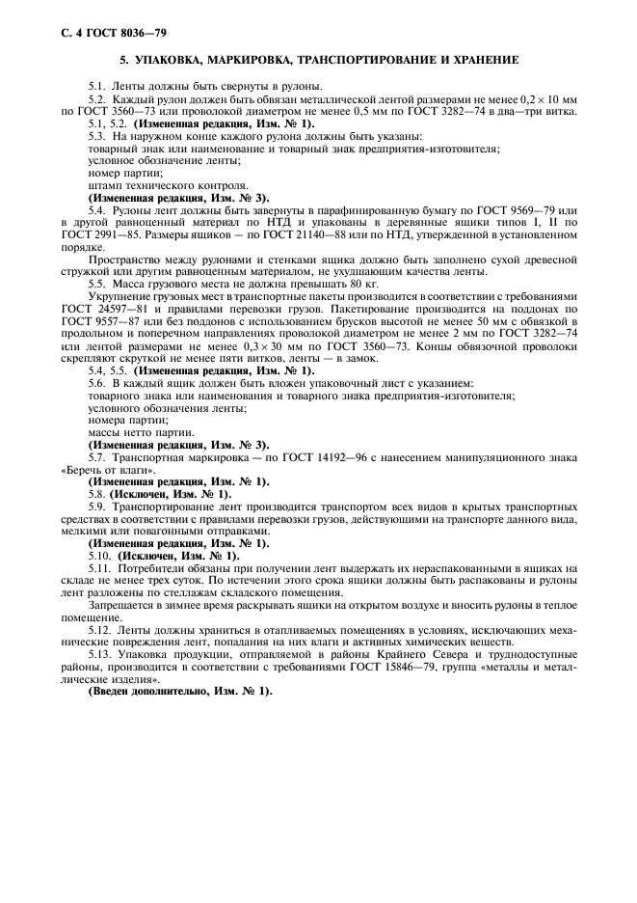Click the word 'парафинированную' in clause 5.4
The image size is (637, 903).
(382, 211)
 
